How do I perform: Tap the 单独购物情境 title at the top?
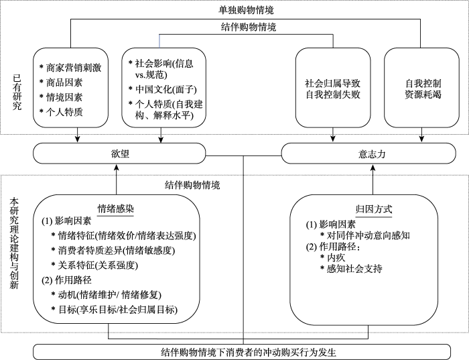pos(247,10)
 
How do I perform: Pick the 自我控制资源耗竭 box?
pos(423,89)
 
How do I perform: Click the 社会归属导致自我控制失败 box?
pos(332,89)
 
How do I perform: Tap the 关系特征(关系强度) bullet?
pos(98,264)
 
